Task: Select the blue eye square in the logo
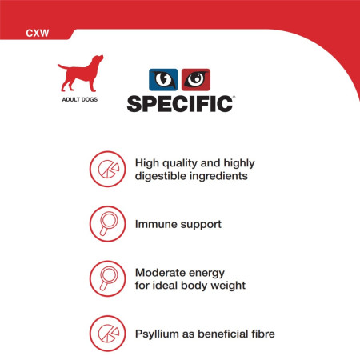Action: [164, 80]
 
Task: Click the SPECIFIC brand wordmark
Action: [180, 102]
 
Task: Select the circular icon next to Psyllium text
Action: [106, 330]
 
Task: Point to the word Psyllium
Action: [158, 330]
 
